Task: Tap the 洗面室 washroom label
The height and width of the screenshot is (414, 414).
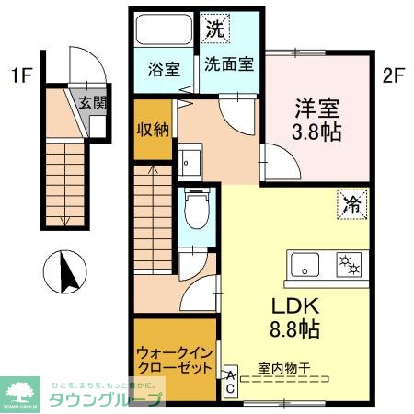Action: (x=230, y=66)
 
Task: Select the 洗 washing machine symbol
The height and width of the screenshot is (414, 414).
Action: (x=213, y=29)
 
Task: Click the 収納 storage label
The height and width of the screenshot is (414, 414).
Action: (x=152, y=130)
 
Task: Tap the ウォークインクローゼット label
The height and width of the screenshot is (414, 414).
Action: (x=168, y=362)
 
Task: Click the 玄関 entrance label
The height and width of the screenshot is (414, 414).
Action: (x=90, y=103)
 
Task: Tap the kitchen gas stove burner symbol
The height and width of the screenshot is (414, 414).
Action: (x=351, y=264)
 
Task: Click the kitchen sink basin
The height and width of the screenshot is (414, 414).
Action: (x=304, y=265)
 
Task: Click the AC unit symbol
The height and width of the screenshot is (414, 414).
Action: (x=229, y=383)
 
